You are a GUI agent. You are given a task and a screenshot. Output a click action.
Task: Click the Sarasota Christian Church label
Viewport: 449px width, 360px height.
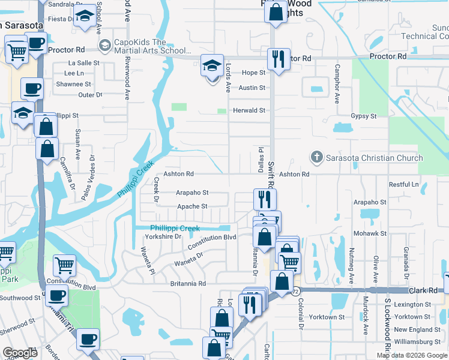click(375, 158)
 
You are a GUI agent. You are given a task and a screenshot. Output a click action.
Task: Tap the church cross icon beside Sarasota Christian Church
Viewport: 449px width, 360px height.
click(316, 157)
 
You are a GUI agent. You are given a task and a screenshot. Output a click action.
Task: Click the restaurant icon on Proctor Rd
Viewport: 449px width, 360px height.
click(278, 59)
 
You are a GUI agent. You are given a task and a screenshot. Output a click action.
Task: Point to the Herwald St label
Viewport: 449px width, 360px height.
click(249, 110)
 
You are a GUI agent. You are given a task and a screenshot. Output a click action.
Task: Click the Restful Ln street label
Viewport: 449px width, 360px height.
click(403, 184)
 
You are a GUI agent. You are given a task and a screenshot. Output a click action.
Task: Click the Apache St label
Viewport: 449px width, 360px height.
click(192, 206)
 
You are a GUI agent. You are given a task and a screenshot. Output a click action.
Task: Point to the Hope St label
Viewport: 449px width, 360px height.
click(254, 73)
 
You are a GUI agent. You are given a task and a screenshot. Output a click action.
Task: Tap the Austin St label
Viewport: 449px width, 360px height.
click(252, 88)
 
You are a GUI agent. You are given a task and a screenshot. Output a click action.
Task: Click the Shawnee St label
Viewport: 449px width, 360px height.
click(73, 85)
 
